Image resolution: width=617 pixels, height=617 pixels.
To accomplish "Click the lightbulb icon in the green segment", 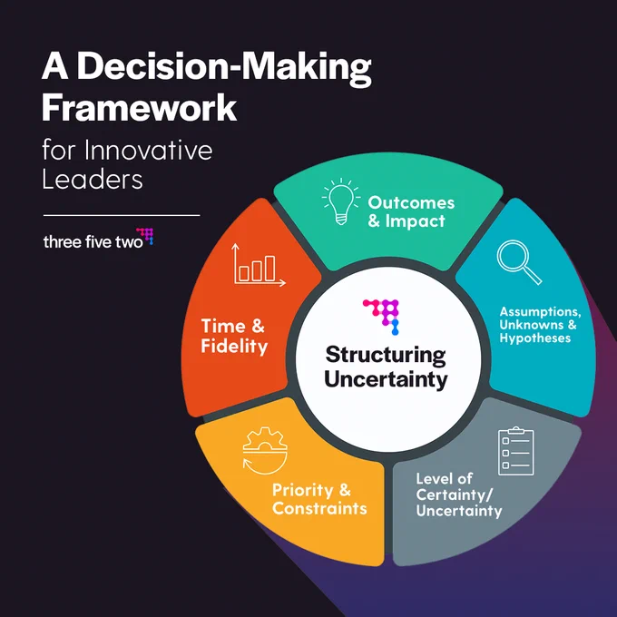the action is [x=341, y=201].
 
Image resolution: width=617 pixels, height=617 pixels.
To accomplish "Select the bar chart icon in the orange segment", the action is [x=259, y=265].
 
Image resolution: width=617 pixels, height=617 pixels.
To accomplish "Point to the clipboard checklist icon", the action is [x=516, y=451].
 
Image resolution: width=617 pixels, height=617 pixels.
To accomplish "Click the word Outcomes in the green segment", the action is [x=411, y=202].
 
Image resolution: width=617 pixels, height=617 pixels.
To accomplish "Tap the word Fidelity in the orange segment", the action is [x=234, y=347].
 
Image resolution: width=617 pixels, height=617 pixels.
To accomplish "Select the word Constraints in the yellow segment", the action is [x=319, y=508].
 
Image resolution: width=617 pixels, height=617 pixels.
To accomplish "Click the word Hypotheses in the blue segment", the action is [x=535, y=338].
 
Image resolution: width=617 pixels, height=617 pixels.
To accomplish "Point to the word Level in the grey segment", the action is [x=432, y=478].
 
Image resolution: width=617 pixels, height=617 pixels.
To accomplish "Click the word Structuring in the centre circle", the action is [x=386, y=355].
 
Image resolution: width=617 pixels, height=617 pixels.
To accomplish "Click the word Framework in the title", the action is [x=139, y=107].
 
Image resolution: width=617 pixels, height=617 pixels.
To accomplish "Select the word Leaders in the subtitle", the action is [x=93, y=180].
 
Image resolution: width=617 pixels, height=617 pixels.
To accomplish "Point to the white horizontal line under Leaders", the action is [x=122, y=215].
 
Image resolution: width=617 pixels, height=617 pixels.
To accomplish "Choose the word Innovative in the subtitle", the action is [x=148, y=150].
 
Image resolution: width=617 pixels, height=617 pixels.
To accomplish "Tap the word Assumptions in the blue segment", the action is [x=540, y=311].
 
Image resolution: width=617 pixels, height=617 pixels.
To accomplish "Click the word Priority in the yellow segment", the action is [x=302, y=490].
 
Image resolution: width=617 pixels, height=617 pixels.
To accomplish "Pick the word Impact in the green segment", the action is [x=416, y=220].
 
